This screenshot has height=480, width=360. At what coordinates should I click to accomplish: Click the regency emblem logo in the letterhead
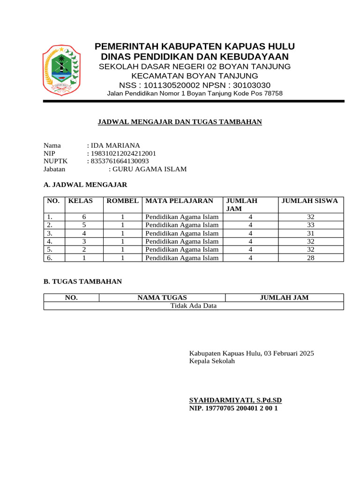(61, 69)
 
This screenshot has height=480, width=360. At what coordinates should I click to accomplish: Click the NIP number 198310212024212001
(123, 153)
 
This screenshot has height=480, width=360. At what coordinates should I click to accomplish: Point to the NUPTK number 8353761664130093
(120, 161)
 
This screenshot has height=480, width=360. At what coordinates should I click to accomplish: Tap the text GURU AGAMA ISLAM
(150, 169)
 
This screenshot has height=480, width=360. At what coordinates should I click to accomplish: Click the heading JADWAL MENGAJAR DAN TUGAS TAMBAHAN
(180, 122)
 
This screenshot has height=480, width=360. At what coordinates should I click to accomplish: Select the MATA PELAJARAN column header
(179, 201)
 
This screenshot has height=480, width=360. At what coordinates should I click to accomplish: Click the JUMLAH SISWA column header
(309, 201)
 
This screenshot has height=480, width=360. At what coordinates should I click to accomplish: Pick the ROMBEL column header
(123, 201)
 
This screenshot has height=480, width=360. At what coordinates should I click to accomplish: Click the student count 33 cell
(311, 225)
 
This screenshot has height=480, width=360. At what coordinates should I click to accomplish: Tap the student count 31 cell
(311, 233)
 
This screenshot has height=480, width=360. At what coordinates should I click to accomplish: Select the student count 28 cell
(311, 258)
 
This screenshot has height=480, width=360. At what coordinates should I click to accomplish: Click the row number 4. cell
(50, 241)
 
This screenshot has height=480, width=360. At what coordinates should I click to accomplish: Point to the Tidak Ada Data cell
(193, 306)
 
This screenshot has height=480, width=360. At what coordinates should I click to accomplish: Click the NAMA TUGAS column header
(162, 298)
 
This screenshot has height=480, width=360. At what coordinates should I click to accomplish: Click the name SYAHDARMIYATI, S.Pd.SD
(235, 400)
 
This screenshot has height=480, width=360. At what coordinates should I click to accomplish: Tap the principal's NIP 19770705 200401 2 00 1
(233, 408)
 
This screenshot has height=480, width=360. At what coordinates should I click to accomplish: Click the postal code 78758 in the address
(273, 93)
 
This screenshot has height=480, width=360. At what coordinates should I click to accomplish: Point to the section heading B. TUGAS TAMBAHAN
(82, 282)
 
